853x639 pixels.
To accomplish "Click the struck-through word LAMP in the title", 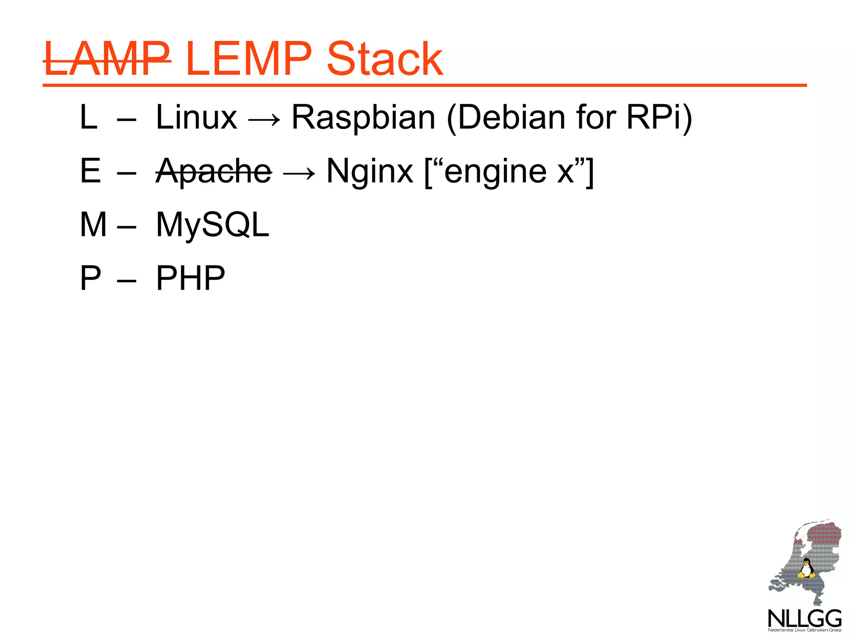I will [107, 59].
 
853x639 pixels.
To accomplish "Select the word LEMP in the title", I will [248, 59].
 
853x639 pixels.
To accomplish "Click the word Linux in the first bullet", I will [196, 118].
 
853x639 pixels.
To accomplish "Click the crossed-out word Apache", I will [213, 172].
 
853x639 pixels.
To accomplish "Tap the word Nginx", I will [369, 172].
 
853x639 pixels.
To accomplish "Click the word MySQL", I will [212, 225].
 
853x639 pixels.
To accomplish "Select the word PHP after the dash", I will [190, 278].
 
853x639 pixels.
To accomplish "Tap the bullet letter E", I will [90, 171].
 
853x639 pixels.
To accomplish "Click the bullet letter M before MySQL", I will [93, 225].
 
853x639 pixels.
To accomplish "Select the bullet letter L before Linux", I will [88, 118].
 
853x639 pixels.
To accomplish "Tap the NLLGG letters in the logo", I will [804, 619].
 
